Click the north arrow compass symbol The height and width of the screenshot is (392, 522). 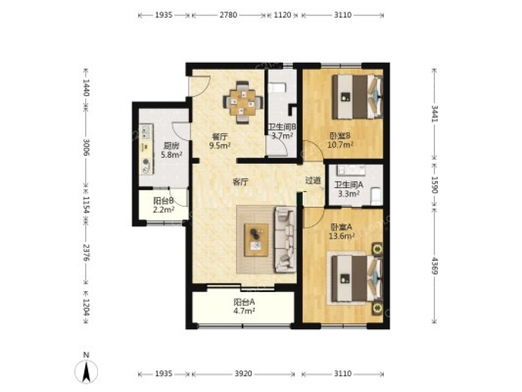click(86, 371)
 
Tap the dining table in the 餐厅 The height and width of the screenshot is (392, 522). click(243, 102)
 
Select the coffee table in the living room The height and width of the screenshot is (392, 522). click(256, 240)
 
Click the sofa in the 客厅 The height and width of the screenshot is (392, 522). click(285, 239)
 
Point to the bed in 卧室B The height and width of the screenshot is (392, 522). click(357, 96)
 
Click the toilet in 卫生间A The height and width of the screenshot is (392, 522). click(376, 196)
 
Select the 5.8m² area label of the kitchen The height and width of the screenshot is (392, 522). click(172, 154)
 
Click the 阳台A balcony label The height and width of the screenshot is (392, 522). click(244, 303)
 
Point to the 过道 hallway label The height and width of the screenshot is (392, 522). click(313, 181)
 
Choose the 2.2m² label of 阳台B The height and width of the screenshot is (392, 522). click(164, 210)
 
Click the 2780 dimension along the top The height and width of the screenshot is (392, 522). click(229, 15)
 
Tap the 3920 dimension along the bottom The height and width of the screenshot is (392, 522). click(244, 373)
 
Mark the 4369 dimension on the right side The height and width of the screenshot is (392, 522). click(434, 265)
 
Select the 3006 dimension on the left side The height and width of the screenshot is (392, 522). click(86, 147)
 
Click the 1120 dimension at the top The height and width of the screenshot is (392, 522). click(282, 15)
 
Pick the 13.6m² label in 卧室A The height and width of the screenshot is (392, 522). click(342, 236)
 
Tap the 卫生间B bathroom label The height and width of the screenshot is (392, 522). click(282, 127)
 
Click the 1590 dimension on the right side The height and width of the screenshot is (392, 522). click(434, 185)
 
